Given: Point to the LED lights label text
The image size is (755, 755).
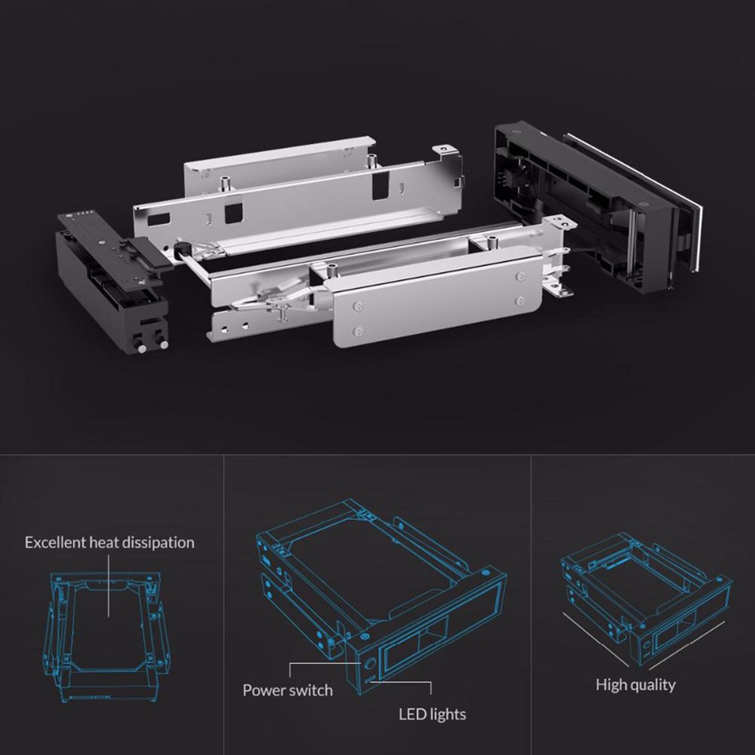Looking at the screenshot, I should pos(432,714).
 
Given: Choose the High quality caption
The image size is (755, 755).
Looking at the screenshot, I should pos(635,684).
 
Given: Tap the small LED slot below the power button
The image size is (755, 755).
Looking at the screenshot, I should pos(369,680).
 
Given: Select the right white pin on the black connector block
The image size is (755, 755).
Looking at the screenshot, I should pos(165,345).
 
